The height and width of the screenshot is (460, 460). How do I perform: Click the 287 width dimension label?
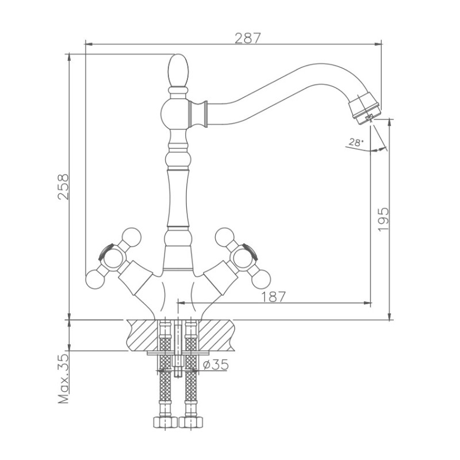[248, 39]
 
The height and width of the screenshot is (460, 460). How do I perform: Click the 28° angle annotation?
[355, 143]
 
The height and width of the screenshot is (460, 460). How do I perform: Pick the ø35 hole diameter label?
[215, 365]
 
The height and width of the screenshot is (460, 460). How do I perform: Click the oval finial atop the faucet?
[178, 70]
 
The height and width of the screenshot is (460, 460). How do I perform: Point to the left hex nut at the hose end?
[165, 423]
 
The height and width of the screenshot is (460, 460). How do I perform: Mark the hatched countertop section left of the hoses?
[141, 334]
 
